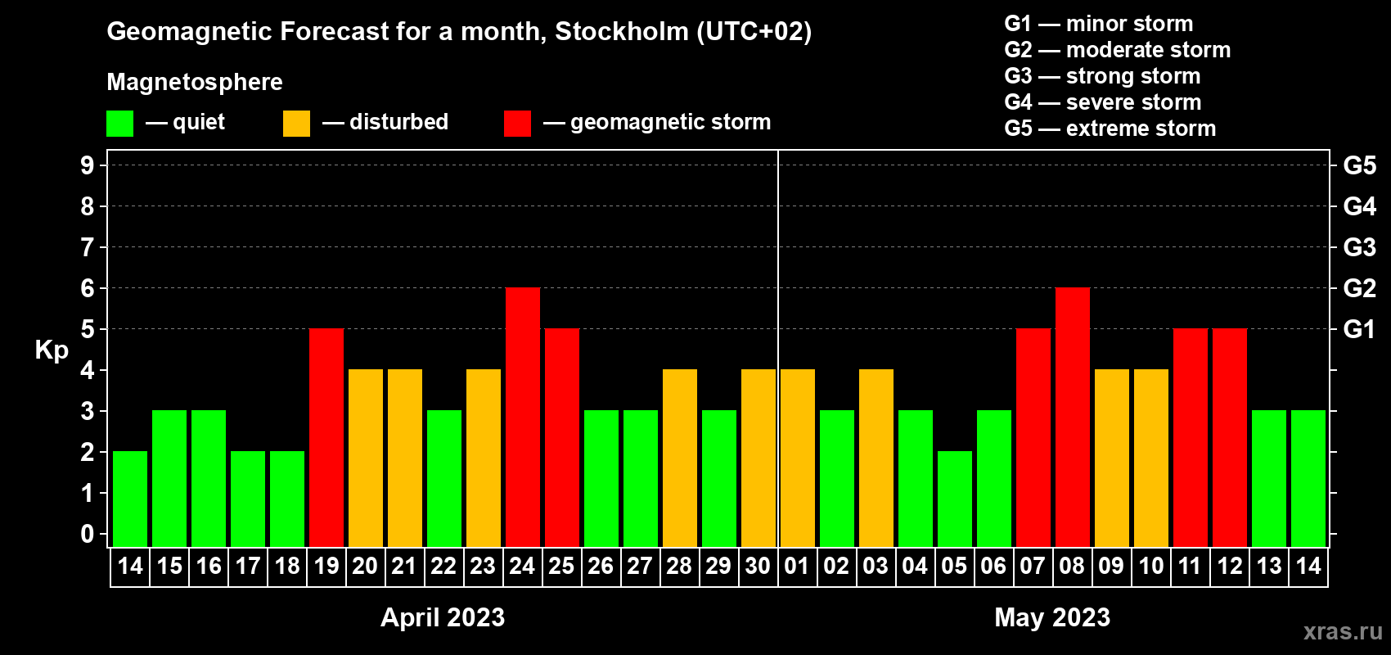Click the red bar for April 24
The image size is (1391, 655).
pos(523,417)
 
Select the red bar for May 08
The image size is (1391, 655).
pos(1073,417)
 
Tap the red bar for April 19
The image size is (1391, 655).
pos(326,437)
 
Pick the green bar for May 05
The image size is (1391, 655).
pos(955,499)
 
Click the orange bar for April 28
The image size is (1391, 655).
pos(680,458)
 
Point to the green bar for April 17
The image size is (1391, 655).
pos(248,499)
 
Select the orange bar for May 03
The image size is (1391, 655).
pos(876,458)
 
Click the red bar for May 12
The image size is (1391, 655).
pos(1230,437)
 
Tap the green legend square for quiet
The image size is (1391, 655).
pos(119,123)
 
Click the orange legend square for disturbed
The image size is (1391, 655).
pos(296,123)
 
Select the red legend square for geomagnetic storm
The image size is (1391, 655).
pos(518,123)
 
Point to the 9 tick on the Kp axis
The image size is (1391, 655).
pos(87,165)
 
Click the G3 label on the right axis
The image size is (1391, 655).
pos(1359,247)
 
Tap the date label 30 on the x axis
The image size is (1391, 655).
pos(758,566)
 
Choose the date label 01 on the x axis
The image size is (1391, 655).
pos(797,566)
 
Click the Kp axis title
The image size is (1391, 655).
pos(52,350)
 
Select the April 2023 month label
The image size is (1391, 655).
pos(443,617)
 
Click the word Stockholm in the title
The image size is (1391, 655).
pos(622,31)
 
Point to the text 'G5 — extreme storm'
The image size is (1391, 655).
pos(1110,129)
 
